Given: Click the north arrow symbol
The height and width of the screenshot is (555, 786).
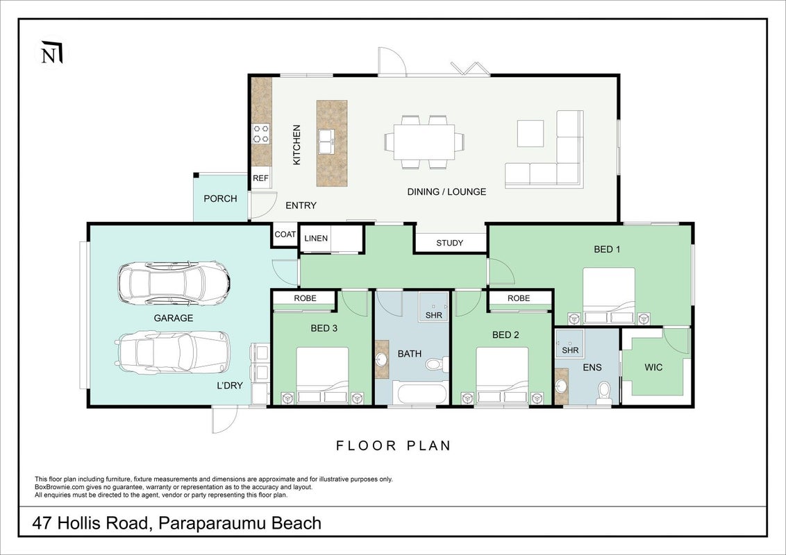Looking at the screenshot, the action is coord(52,52).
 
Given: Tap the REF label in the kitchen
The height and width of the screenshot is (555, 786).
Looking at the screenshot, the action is coord(260,178).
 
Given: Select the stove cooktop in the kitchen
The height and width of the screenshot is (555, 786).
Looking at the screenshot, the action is coord(260,134).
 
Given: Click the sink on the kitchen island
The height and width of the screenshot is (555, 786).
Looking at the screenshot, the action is coord(326,142).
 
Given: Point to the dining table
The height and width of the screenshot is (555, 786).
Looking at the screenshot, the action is coord(424,142).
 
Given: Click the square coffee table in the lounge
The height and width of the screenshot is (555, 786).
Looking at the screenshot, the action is coord(530,133).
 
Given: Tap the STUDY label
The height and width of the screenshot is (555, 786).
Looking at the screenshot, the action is coord(450,243).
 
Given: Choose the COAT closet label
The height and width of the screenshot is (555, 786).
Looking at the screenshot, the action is coord(285,234).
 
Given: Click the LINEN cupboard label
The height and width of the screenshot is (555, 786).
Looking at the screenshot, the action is coord(316,239).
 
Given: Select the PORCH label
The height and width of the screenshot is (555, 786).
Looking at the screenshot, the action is coord(220,198).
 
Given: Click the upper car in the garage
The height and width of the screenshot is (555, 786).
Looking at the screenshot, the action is coord(174,283).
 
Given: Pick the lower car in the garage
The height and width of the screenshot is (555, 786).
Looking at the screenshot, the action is coord(172,352).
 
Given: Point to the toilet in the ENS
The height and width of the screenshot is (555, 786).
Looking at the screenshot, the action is coord(604,393).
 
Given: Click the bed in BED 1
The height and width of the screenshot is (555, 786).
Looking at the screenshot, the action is coord(608,296).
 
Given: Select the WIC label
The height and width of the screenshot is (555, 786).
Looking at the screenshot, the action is coord(653,367).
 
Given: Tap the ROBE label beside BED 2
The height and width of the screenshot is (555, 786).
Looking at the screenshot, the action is coord(518,298).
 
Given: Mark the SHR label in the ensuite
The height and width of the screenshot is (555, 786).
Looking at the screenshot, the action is coord(570,350).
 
